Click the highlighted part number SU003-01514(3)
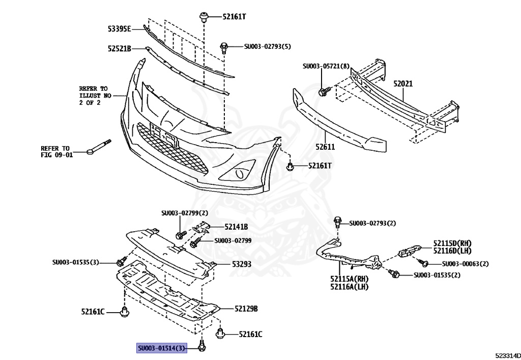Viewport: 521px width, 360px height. [162, 348]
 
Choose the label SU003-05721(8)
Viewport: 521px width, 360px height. [326, 66]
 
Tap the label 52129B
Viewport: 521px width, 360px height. [246, 309]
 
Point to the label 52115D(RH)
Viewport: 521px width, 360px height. [452, 243]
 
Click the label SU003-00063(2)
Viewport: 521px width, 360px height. [465, 264]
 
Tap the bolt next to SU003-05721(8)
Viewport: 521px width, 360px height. [323, 92]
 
